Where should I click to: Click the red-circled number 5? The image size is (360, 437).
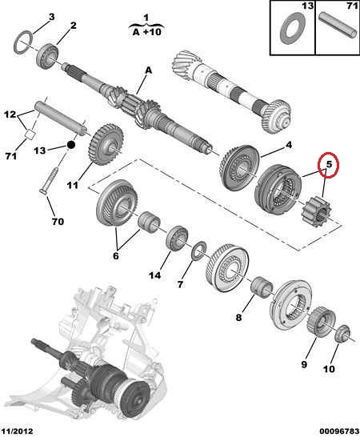(x=329, y=164)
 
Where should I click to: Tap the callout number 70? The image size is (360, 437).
(x=58, y=222)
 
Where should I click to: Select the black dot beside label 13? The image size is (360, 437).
(x=71, y=145)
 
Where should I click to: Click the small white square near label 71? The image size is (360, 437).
(x=30, y=134)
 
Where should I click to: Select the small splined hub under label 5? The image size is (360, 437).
(x=315, y=211)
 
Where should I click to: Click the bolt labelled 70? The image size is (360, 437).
(x=51, y=179)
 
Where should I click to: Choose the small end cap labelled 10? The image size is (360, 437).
(x=342, y=334)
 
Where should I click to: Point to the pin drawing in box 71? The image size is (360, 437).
(x=338, y=24)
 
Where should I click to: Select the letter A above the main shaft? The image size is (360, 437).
(x=149, y=70)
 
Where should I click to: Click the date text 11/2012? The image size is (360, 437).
(x=17, y=431)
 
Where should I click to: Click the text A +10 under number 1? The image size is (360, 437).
(x=146, y=32)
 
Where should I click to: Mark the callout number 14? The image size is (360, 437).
(x=154, y=275)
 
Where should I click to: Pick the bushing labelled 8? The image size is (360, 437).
(x=262, y=287)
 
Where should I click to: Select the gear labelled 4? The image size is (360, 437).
(x=239, y=169)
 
